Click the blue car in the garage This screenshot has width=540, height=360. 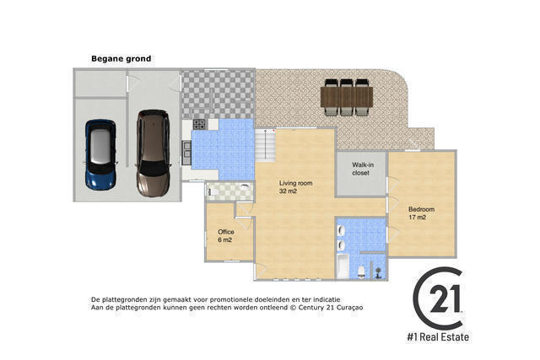click(x=100, y=155)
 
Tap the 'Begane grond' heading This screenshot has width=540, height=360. click(x=121, y=59)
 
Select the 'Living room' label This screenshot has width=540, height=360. click(x=296, y=183)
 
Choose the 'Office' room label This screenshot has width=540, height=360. click(x=226, y=232)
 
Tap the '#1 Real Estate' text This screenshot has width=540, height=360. click(x=438, y=337)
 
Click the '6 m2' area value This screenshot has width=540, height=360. click(x=224, y=240)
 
